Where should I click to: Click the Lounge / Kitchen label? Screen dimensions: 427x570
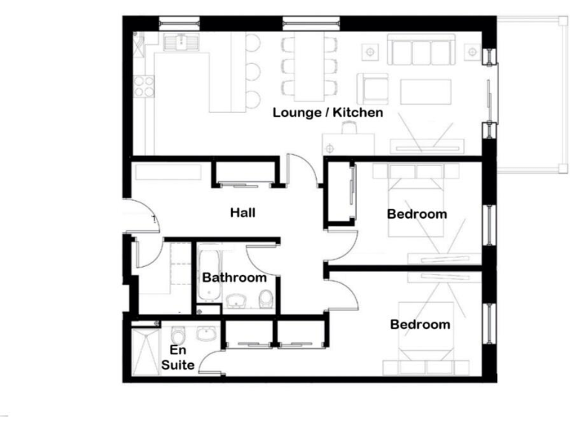pyautogui.click(x=327, y=113)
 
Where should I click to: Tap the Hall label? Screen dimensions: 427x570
pyautogui.click(x=243, y=213)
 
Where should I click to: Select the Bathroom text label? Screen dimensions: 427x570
pyautogui.click(x=235, y=278)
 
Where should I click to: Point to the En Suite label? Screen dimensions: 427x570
pyautogui.click(x=179, y=357)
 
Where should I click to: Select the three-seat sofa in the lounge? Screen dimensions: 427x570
pyautogui.click(x=420, y=52)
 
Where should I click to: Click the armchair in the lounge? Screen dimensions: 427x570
pyautogui.click(x=371, y=88)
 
